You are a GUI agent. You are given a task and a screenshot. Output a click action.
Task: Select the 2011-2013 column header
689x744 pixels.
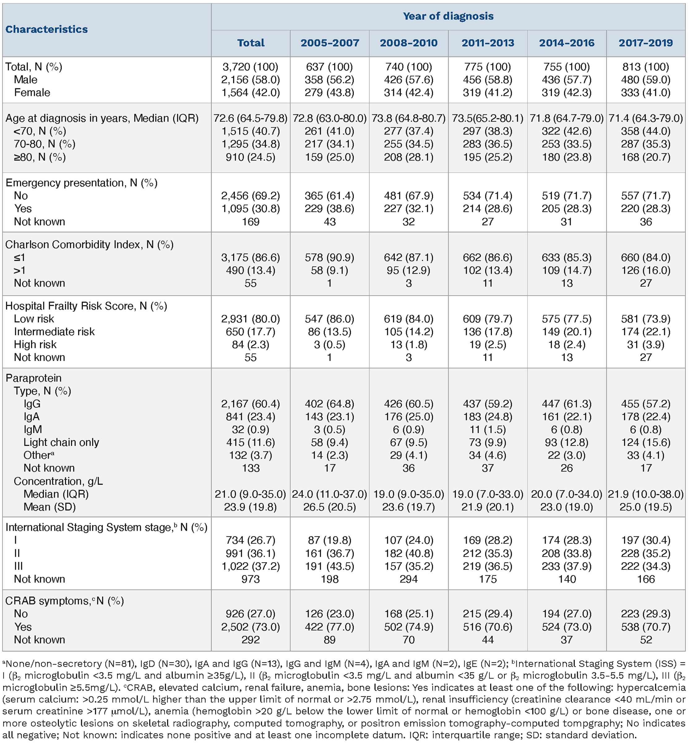[488, 43]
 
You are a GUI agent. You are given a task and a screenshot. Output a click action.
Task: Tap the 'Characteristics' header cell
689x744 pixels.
[47, 29]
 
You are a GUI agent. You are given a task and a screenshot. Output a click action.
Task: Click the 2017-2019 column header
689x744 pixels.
[645, 43]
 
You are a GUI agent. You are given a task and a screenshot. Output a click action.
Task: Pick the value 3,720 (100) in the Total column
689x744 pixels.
[250, 67]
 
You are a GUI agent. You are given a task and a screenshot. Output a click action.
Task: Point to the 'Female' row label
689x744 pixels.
[32, 92]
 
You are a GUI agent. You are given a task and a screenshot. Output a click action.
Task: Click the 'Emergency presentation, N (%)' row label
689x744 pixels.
[81, 183]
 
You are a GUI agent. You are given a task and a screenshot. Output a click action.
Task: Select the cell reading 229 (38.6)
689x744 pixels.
[329, 209]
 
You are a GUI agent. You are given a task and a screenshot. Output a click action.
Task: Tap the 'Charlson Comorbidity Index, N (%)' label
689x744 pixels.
[89, 244]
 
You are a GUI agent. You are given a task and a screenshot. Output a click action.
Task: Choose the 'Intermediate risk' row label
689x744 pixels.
[54, 332]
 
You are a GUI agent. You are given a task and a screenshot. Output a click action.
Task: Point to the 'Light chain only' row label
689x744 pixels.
[61, 442]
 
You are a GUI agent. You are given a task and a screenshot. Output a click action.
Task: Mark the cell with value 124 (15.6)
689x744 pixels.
[645, 442]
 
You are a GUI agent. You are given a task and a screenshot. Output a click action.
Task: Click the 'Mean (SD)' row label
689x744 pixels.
[49, 507]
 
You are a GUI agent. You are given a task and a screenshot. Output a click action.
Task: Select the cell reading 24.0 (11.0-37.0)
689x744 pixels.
[329, 494]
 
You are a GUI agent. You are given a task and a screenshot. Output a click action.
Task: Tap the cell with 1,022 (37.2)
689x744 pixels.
[250, 566]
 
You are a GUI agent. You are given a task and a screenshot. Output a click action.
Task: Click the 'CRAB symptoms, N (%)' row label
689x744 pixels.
[64, 601]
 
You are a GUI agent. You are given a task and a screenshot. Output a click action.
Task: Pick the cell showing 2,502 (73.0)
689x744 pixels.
[250, 627]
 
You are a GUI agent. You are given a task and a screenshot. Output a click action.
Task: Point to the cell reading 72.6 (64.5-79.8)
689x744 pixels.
[250, 118]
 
